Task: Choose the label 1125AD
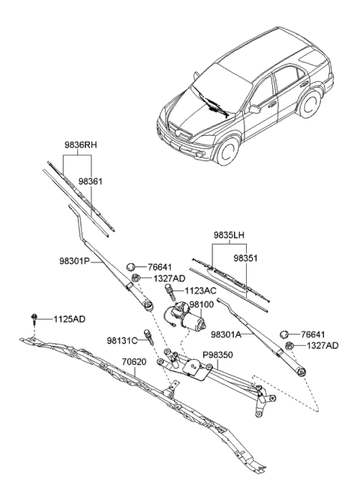tap(69, 319)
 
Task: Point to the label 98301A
tap(228, 335)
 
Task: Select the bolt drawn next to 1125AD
tap(35, 319)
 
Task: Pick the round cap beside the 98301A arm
tap(286, 334)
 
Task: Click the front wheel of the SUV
tap(225, 150)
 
